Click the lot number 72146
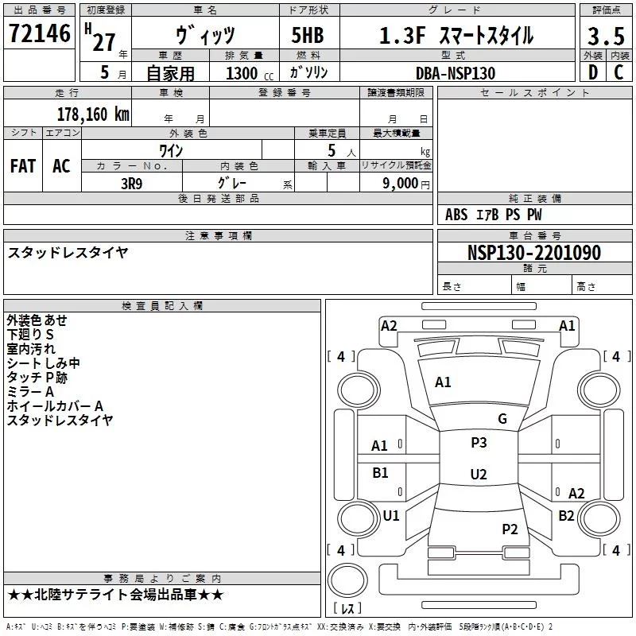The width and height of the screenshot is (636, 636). click(x=39, y=34)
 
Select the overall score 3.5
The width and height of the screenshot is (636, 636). click(x=605, y=37)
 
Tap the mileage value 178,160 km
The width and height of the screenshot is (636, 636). click(x=93, y=114)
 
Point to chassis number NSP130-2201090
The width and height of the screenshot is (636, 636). click(x=534, y=253)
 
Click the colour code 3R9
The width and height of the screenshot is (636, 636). click(x=131, y=183)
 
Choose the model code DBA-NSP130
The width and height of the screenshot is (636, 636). click(x=456, y=73)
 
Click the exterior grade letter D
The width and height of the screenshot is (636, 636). click(x=592, y=73)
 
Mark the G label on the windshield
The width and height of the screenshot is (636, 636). click(x=502, y=419)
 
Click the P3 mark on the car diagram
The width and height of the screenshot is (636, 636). click(x=479, y=443)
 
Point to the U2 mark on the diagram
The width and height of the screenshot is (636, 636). click(x=479, y=475)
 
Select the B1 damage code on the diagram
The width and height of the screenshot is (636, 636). click(x=381, y=473)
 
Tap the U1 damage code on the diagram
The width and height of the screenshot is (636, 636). click(x=391, y=515)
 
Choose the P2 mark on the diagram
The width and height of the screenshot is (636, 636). click(x=510, y=529)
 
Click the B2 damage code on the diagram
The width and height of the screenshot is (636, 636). click(x=566, y=515)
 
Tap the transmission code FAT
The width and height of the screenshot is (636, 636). click(x=23, y=165)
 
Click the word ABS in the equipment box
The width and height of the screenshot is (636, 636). click(x=456, y=215)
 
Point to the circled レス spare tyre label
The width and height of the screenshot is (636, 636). click(x=348, y=609)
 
